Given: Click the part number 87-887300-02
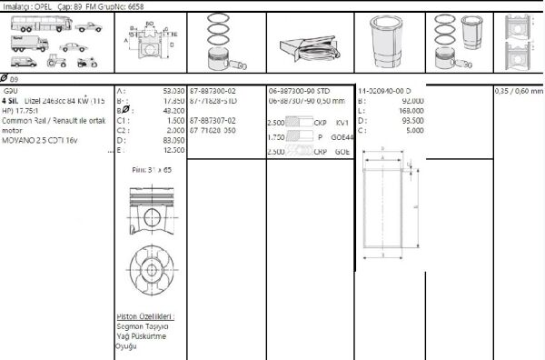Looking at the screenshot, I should [213, 92].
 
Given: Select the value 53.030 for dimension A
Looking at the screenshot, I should [173, 92].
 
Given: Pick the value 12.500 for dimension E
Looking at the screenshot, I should [173, 149].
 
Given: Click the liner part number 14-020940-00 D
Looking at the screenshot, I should [384, 92].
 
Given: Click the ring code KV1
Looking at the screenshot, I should [342, 121].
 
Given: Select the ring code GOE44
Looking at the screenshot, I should [342, 136].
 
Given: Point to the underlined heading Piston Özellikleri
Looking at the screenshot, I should [145, 316].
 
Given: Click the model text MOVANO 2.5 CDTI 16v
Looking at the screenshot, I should [41, 140].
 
